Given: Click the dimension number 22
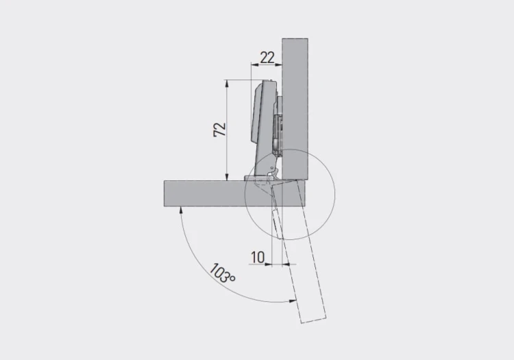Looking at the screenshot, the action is pos(267,58).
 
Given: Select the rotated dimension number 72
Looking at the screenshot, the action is pos(219,130).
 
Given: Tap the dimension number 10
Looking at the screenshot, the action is pos(258,257).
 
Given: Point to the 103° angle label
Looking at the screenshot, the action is pos(222,273).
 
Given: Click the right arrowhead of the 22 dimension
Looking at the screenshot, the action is pos(279,64).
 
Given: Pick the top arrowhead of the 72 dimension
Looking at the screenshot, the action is pos(226,83).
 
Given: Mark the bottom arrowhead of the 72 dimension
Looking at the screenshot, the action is pos(226,176).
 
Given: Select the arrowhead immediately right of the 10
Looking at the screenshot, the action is pos(286,263).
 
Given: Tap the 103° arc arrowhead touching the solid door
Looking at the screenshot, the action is pos(180,210).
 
